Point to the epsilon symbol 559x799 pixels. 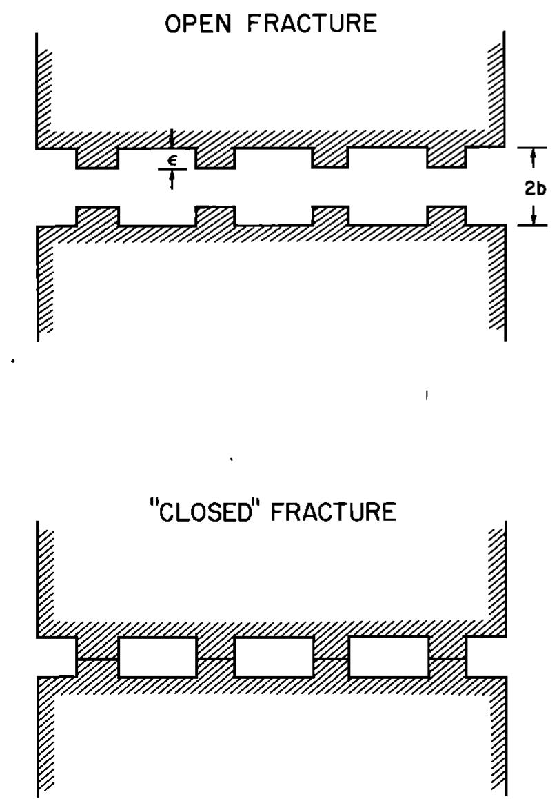172,158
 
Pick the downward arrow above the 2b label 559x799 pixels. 533,161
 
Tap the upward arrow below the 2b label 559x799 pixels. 533,215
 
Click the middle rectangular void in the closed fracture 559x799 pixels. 274,657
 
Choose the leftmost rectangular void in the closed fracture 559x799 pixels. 158,657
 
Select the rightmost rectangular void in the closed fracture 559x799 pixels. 389,657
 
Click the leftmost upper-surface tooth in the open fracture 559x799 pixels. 97,157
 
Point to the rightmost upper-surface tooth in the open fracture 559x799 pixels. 446,157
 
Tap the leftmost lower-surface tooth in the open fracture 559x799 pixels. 97,215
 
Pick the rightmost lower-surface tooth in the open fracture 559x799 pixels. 446,215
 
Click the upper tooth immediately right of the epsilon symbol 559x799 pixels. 215,157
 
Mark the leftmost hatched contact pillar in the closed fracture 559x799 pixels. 97,657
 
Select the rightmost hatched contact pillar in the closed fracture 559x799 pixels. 447,657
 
